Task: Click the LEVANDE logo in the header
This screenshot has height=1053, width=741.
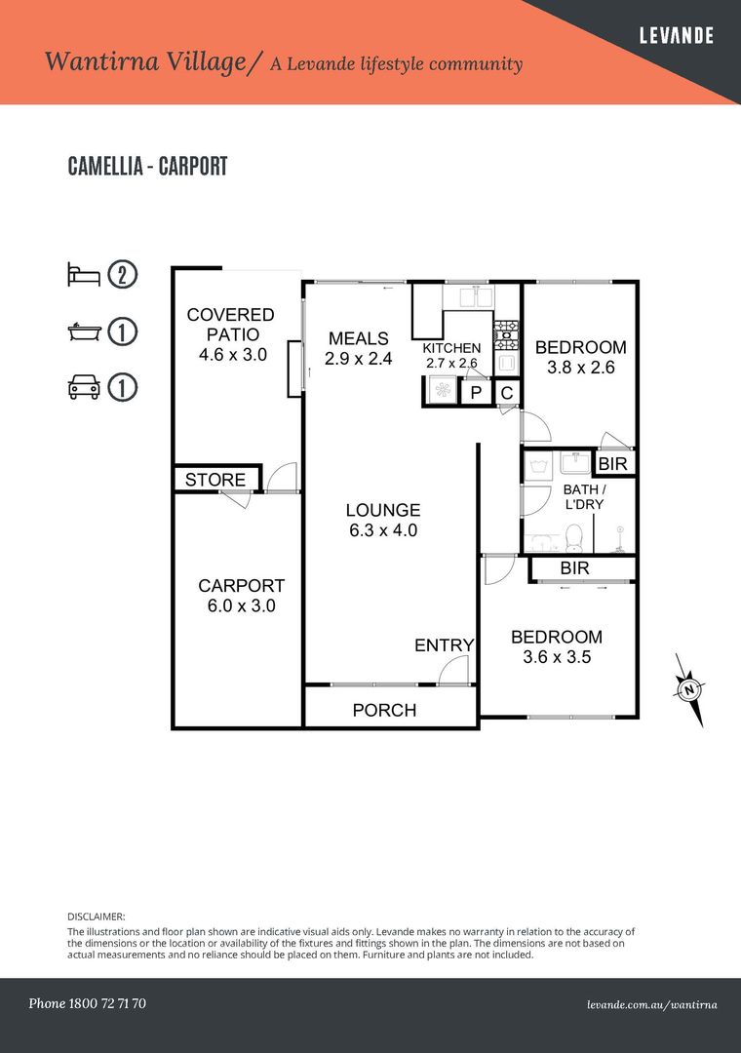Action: point(676,35)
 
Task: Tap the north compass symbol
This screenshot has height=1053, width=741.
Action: point(689,690)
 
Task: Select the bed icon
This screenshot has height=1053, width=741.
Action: point(84,275)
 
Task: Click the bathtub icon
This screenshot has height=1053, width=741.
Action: point(84,331)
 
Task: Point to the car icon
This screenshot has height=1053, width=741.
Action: point(84,387)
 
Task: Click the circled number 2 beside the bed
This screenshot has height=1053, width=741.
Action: point(123,275)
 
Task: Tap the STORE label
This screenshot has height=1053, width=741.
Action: point(214,480)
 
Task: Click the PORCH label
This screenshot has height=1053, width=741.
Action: point(384,710)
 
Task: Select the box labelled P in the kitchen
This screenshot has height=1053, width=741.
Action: point(477,392)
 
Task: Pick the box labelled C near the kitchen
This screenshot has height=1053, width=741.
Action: point(508,392)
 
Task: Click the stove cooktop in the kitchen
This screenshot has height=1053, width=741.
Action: point(507,334)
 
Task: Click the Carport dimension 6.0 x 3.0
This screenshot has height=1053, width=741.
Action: point(241,605)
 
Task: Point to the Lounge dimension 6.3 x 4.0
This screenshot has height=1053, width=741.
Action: point(383,529)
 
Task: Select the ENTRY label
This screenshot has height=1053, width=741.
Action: point(444,645)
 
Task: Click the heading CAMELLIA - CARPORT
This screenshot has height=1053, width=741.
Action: point(148,166)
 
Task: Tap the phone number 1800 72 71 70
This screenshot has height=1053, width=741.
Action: point(107,1003)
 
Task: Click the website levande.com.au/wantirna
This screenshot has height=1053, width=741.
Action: point(651,1004)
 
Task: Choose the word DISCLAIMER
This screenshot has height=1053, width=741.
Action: point(97,916)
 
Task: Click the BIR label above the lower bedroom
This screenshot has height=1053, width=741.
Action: point(574,568)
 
